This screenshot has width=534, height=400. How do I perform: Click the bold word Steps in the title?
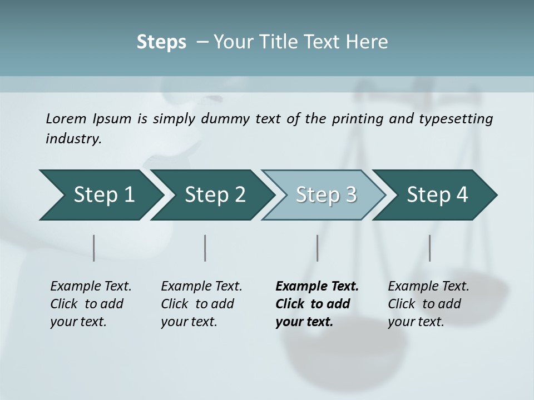(x=161, y=42)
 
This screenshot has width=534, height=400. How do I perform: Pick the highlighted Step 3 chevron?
(x=323, y=195)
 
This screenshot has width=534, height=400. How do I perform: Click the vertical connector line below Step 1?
(x=93, y=248)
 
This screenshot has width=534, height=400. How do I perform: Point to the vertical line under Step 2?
(x=205, y=248)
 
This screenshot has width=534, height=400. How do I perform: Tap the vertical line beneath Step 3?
(x=317, y=248)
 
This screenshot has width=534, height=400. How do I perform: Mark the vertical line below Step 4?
(x=429, y=248)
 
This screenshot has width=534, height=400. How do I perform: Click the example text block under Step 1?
(x=91, y=304)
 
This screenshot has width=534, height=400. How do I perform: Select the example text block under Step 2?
(x=201, y=304)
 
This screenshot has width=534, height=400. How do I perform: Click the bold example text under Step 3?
(x=317, y=304)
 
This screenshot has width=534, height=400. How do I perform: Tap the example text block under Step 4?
(x=428, y=304)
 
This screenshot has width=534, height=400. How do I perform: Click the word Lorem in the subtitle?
(x=66, y=119)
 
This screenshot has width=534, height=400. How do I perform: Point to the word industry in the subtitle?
(x=73, y=139)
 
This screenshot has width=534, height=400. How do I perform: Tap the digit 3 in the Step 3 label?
(x=350, y=195)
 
